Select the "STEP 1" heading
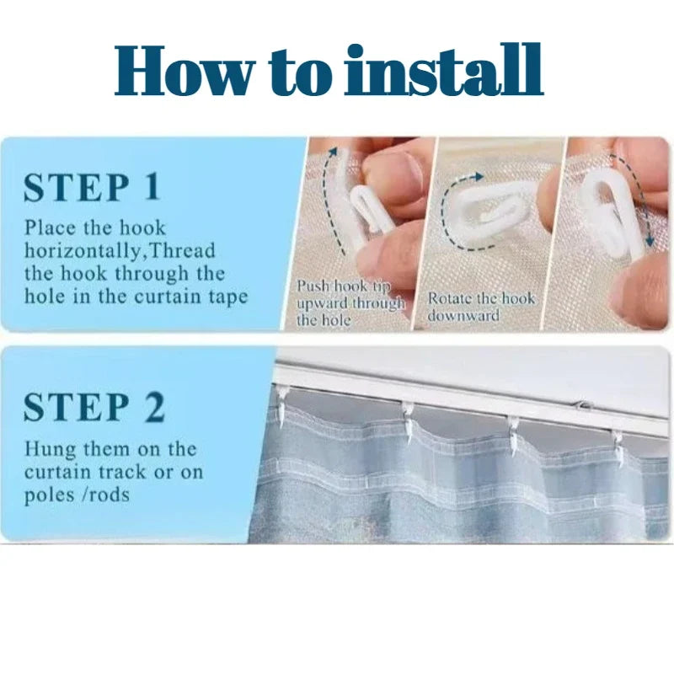pyautogui.click(x=92, y=187)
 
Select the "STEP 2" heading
pyautogui.click(x=94, y=407)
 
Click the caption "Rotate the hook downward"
pyautogui.click(x=481, y=307)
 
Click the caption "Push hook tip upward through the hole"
pyautogui.click(x=350, y=303)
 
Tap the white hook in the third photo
pyautogui.click(x=610, y=211)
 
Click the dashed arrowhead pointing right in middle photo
pyautogui.click(x=477, y=177)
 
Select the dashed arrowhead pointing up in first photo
pyautogui.click(x=333, y=152)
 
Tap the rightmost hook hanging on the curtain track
pyautogui.click(x=618, y=447)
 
